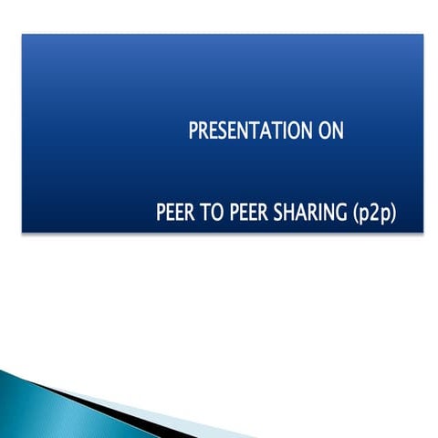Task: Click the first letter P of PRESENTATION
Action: (x=193, y=130)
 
